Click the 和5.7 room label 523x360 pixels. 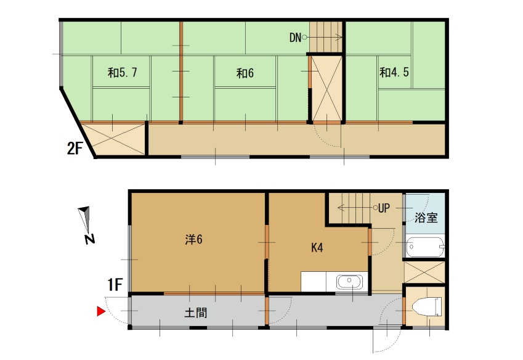point(122,73)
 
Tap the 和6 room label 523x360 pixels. point(245,73)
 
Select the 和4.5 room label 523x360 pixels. point(394,73)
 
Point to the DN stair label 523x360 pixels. point(295,38)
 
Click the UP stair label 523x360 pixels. point(384,208)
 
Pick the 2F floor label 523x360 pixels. point(75,149)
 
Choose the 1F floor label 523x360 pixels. point(115,284)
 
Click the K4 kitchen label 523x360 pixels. point(317,248)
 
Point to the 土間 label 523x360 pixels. point(195,313)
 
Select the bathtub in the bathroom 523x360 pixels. point(425,248)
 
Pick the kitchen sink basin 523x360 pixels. point(350,282)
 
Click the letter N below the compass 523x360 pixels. point(90,239)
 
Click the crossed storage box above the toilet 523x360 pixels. point(424,272)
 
